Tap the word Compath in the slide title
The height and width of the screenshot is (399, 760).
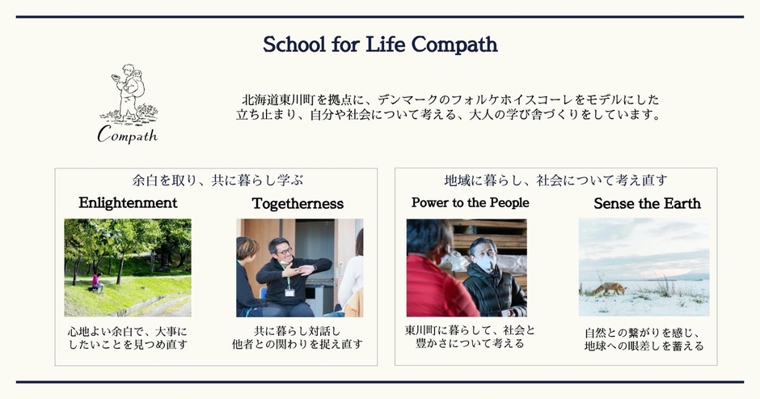tap(454, 45)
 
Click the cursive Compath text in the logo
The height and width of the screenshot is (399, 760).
tap(128, 134)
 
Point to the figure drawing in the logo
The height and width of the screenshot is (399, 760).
tap(129, 93)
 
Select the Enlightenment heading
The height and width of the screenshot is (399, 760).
tap(128, 203)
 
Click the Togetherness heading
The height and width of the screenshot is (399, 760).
tap(298, 203)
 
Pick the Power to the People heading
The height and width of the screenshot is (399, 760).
tap(471, 202)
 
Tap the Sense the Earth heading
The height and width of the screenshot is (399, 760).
tap(647, 203)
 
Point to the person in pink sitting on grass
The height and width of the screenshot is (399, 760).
tap(97, 282)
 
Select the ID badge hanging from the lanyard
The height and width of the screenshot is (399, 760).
tap(289, 292)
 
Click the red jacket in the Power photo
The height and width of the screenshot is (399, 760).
tap(434, 288)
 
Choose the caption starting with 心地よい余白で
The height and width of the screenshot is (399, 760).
tap(128, 338)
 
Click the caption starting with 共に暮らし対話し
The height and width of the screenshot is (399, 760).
tap(297, 337)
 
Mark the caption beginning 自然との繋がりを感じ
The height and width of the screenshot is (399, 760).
tap(644, 339)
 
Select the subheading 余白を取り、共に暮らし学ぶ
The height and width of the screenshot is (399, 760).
tap(217, 180)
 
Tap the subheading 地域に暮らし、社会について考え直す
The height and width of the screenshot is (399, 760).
tap(556, 180)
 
